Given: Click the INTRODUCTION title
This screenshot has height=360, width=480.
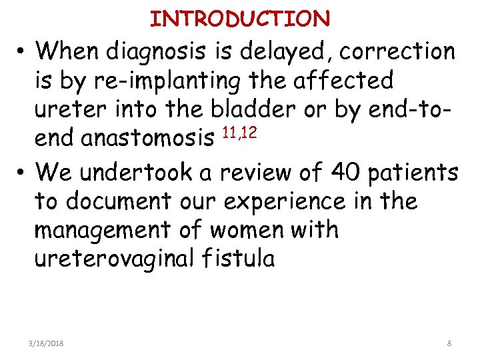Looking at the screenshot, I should (x=240, y=19).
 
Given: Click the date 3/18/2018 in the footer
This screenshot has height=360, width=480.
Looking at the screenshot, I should (x=47, y=343).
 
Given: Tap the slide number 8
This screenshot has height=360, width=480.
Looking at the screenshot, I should (x=449, y=343).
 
